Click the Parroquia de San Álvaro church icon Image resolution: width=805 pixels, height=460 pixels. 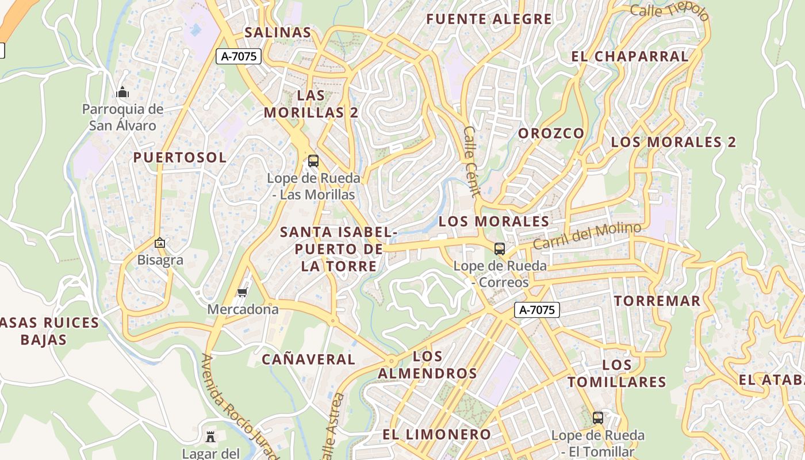(x=122, y=92)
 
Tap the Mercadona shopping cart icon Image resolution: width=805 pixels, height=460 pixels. (x=243, y=293)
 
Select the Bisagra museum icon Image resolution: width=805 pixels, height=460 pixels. (x=160, y=243)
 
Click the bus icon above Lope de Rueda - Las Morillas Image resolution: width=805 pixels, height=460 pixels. (x=313, y=161)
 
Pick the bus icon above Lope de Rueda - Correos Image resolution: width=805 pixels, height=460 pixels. (x=500, y=249)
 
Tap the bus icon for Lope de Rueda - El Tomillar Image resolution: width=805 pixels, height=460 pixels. (x=598, y=418)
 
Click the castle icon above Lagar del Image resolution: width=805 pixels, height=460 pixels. (x=210, y=437)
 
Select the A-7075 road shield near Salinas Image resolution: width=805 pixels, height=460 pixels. (x=239, y=56)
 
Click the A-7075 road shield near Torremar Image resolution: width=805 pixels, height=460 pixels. (x=537, y=310)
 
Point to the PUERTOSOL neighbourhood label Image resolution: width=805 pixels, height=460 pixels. (x=180, y=158)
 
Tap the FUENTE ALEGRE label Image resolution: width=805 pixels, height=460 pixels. (x=489, y=19)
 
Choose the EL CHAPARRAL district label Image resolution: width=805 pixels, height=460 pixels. (x=630, y=56)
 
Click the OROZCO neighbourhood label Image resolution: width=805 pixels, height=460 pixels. (x=551, y=133)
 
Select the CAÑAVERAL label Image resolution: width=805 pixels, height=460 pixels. (x=309, y=359)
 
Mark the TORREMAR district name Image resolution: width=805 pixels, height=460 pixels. (x=657, y=301)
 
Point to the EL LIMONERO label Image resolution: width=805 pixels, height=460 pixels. (x=437, y=434)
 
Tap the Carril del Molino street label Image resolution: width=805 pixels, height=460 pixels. (x=586, y=236)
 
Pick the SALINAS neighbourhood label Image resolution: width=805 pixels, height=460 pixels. (x=278, y=33)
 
